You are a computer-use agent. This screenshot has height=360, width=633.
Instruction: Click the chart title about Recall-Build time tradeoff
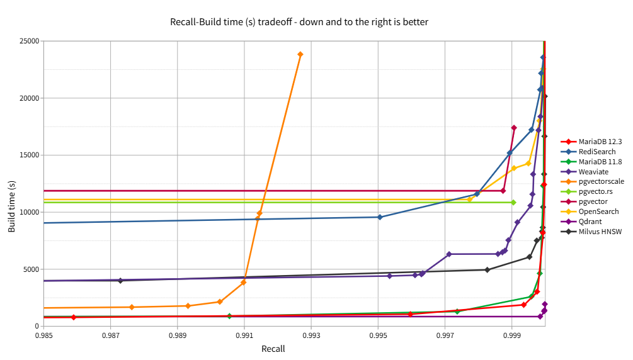pyautogui.click(x=299, y=22)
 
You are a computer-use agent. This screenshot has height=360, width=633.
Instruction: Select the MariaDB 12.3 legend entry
pyautogui.click(x=591, y=142)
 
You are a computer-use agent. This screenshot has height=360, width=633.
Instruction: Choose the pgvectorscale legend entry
pyautogui.click(x=593, y=182)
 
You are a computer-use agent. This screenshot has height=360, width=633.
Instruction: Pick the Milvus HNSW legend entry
pyautogui.click(x=591, y=232)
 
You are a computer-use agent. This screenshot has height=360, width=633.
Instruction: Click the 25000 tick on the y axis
pyautogui.click(x=29, y=41)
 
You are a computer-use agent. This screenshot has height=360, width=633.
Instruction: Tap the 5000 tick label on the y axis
pyautogui.click(x=31, y=269)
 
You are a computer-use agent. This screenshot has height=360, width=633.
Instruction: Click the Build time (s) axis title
pyautogui.click(x=11, y=206)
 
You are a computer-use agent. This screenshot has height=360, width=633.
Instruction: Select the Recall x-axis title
pyautogui.click(x=273, y=349)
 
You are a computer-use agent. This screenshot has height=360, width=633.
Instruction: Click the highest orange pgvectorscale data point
pyautogui.click(x=300, y=55)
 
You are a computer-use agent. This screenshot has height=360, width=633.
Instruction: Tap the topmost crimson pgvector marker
pyautogui.click(x=514, y=128)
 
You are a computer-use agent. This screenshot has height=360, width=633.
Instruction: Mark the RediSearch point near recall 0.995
pyautogui.click(x=380, y=217)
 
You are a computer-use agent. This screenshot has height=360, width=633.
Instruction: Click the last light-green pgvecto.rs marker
pyautogui.click(x=513, y=202)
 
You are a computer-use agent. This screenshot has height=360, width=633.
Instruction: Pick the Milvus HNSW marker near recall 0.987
pyautogui.click(x=120, y=281)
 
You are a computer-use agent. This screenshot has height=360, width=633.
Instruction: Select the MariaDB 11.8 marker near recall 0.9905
pyautogui.click(x=229, y=316)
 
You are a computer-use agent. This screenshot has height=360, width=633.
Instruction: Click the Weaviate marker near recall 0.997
pyautogui.click(x=449, y=254)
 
